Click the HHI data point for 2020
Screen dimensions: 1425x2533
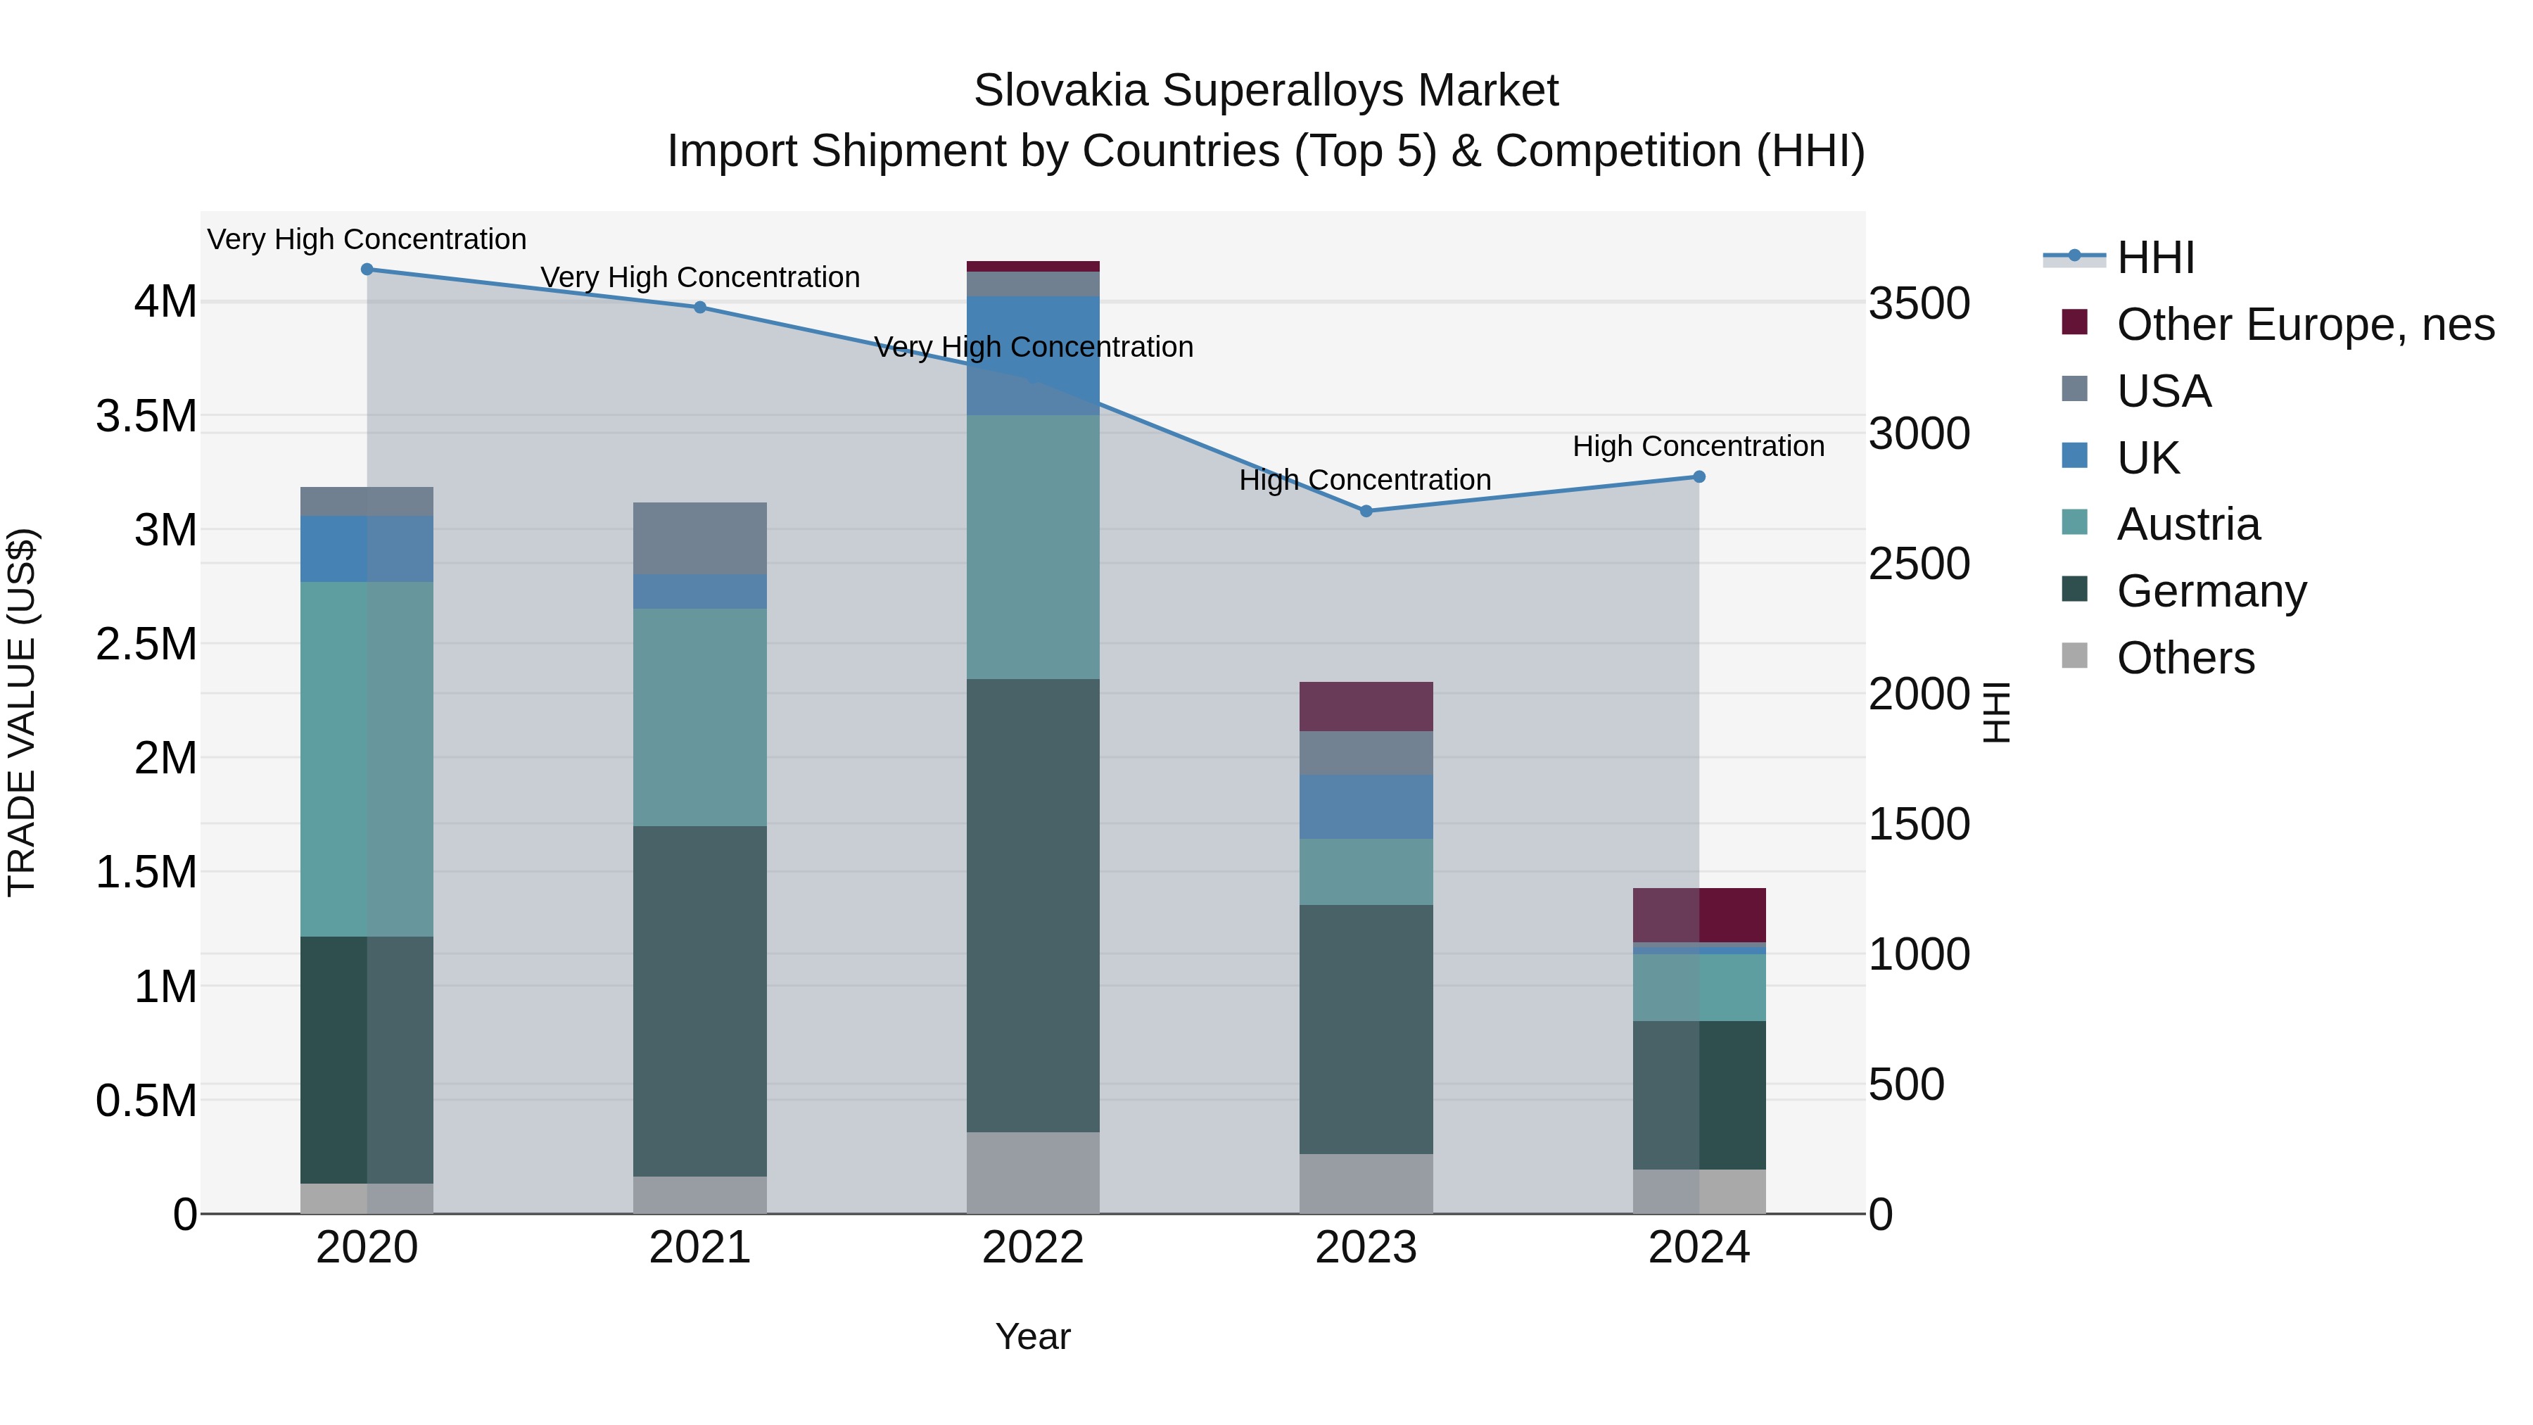367,269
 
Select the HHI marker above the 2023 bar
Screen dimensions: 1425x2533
1366,512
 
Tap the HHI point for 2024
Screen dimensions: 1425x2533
1699,477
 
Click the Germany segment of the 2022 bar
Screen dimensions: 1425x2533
1032,905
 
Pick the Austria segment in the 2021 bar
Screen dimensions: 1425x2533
700,717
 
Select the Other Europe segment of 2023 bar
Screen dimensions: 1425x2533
1366,706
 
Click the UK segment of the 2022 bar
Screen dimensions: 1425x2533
1032,355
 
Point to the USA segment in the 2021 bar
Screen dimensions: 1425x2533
700,538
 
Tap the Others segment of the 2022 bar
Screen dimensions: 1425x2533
1032,1172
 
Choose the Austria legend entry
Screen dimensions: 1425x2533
2188,524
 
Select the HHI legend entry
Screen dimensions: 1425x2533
2154,258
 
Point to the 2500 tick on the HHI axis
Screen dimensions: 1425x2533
1919,564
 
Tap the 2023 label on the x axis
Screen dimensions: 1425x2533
1366,1248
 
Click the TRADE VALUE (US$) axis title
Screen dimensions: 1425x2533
22,712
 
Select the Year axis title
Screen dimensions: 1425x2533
1032,1336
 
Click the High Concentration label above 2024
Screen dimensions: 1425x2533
1699,445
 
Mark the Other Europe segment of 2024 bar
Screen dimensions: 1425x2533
1699,915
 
